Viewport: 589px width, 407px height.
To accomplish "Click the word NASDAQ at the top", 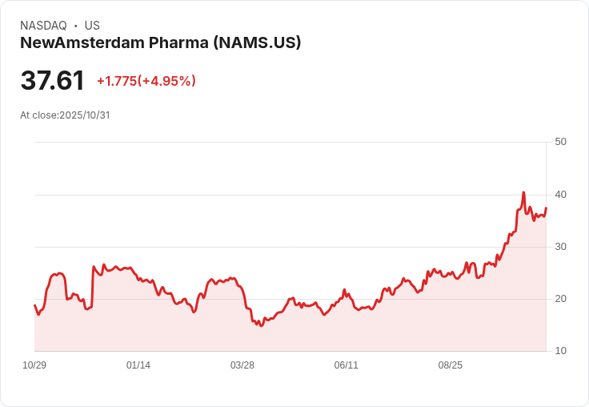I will coord(43,26).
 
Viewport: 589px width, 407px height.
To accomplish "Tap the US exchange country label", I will coord(92,26).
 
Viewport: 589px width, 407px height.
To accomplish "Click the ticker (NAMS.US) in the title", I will coord(257,43).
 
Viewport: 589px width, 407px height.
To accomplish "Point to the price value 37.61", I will coord(52,81).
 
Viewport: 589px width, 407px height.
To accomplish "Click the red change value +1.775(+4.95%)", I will coord(146,81).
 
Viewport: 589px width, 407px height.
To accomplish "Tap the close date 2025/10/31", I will coord(84,115).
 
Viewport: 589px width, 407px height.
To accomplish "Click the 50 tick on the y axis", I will coord(560,142).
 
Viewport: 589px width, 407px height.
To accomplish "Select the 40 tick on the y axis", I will coord(560,195).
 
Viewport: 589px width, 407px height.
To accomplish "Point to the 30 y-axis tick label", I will coord(560,247).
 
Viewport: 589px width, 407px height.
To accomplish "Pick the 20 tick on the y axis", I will coord(560,299).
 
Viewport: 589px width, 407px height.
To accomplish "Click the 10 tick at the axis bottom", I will coord(560,351).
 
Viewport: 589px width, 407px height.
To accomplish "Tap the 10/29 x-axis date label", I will coord(34,365).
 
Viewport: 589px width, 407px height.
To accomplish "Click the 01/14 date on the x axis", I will coord(138,365).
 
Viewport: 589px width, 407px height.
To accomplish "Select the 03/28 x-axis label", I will coord(242,365).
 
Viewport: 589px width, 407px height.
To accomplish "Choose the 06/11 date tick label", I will coord(347,365).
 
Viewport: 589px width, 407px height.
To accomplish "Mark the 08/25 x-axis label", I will coord(451,365).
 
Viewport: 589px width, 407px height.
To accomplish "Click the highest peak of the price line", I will coord(523,192).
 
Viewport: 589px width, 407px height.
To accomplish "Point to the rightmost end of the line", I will coord(546,208).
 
